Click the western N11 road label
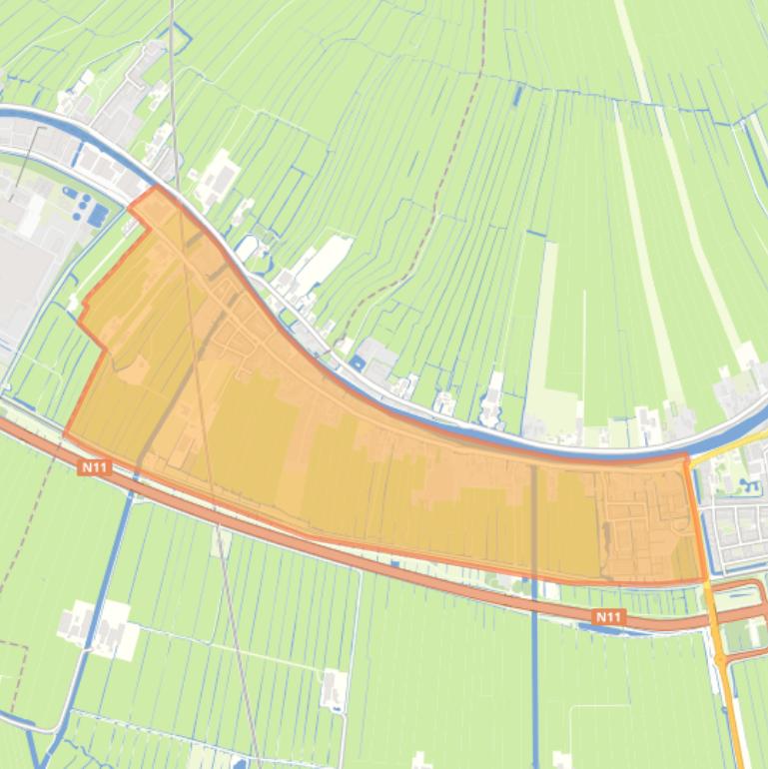click(x=95, y=465)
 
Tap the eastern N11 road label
click(x=607, y=617)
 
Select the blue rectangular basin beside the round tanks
click(x=97, y=214)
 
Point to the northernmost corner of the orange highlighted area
click(x=156, y=187)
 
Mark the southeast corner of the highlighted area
click(x=704, y=580)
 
